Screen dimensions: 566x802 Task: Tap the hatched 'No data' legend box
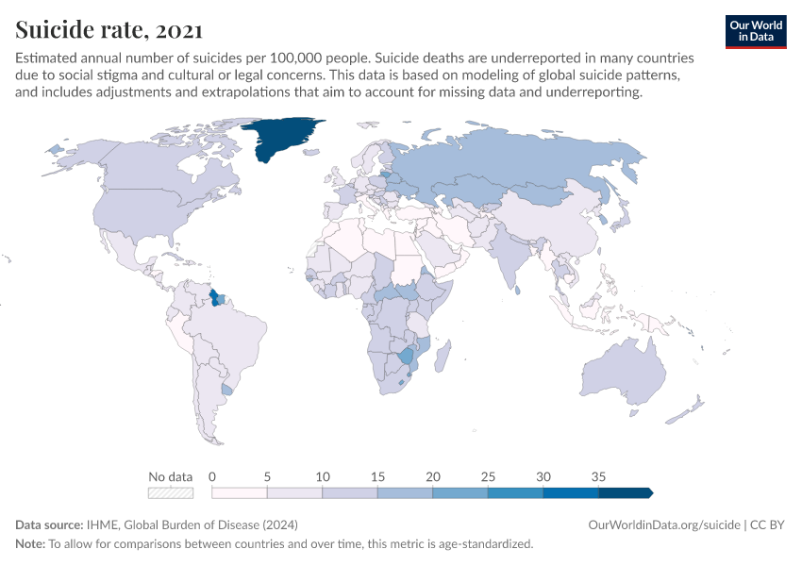point(171,492)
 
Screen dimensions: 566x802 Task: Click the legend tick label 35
point(599,476)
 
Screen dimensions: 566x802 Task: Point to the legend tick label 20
point(433,476)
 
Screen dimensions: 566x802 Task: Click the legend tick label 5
point(267,476)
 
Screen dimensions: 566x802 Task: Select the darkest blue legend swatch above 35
point(625,492)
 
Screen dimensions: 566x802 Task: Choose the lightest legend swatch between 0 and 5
point(240,492)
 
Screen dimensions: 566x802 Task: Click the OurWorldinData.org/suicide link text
point(663,524)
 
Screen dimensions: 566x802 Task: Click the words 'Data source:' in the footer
point(48,524)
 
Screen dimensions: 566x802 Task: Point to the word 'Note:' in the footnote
point(31,544)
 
